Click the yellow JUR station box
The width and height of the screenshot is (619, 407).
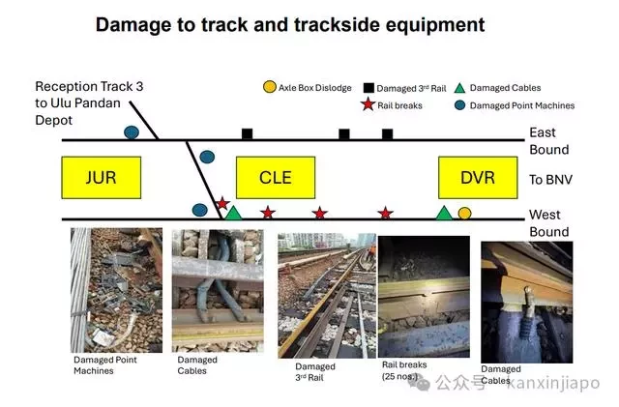pyautogui.click(x=101, y=178)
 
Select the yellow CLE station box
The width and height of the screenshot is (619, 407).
pyautogui.click(x=276, y=178)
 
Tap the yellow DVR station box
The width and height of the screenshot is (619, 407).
pyautogui.click(x=478, y=178)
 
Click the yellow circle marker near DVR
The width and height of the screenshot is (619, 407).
pyautogui.click(x=464, y=214)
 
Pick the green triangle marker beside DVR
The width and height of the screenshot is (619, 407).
pyautogui.click(x=444, y=214)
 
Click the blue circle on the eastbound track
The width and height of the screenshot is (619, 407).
pyautogui.click(x=132, y=132)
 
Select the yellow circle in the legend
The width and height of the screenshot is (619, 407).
pyautogui.click(x=270, y=87)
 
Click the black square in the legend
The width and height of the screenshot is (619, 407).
pyautogui.click(x=368, y=88)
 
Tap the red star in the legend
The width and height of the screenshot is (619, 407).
pyautogui.click(x=368, y=104)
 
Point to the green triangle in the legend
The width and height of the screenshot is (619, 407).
pyautogui.click(x=459, y=88)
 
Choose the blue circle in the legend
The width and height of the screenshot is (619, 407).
pyautogui.click(x=460, y=105)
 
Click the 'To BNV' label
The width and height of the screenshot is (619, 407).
pyautogui.click(x=550, y=180)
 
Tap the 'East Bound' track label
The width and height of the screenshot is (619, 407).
pyautogui.click(x=549, y=141)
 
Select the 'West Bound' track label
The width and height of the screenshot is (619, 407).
pyautogui.click(x=549, y=223)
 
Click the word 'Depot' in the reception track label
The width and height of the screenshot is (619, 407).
pyautogui.click(x=54, y=120)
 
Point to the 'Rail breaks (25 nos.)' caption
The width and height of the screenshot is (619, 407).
pyautogui.click(x=404, y=370)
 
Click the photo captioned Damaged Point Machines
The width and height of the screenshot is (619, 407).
pyautogui.click(x=116, y=290)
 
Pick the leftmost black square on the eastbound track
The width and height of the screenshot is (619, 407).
pyautogui.click(x=248, y=133)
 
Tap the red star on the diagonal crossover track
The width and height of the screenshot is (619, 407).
pyautogui.click(x=222, y=203)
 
